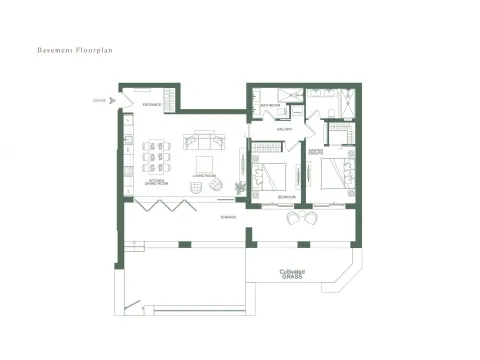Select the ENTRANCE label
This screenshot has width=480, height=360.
[152, 104]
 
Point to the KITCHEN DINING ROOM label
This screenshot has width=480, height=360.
[156, 183]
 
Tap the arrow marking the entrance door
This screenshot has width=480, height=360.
[113, 100]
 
